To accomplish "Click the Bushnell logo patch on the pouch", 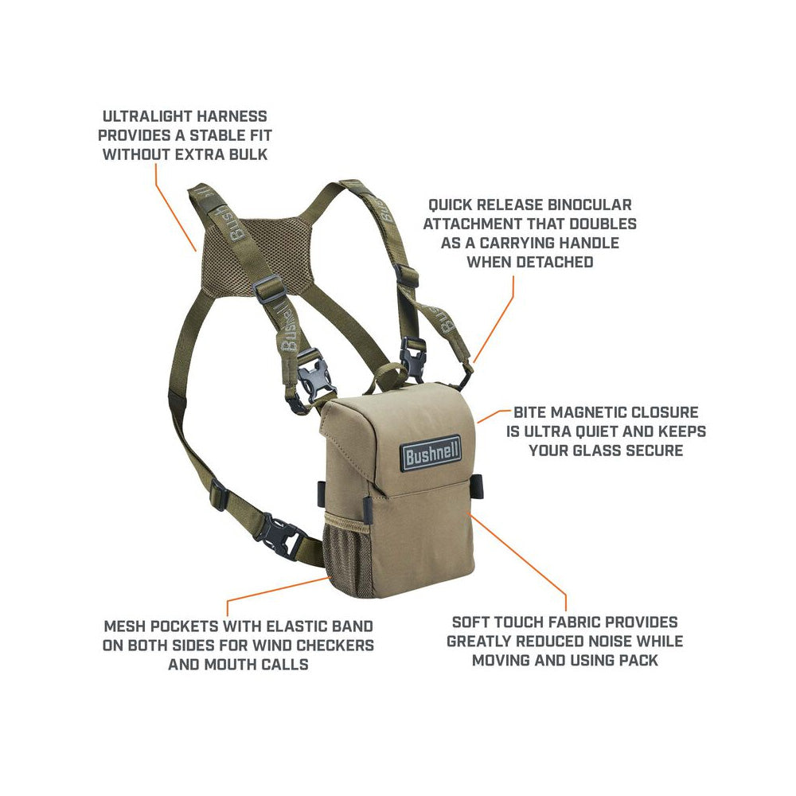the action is pyautogui.click(x=431, y=453).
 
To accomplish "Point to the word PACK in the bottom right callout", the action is pyautogui.click(x=639, y=660).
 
